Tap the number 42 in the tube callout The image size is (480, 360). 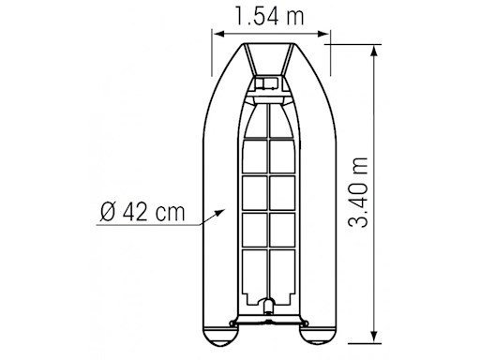136,211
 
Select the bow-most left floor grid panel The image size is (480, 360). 254,116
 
